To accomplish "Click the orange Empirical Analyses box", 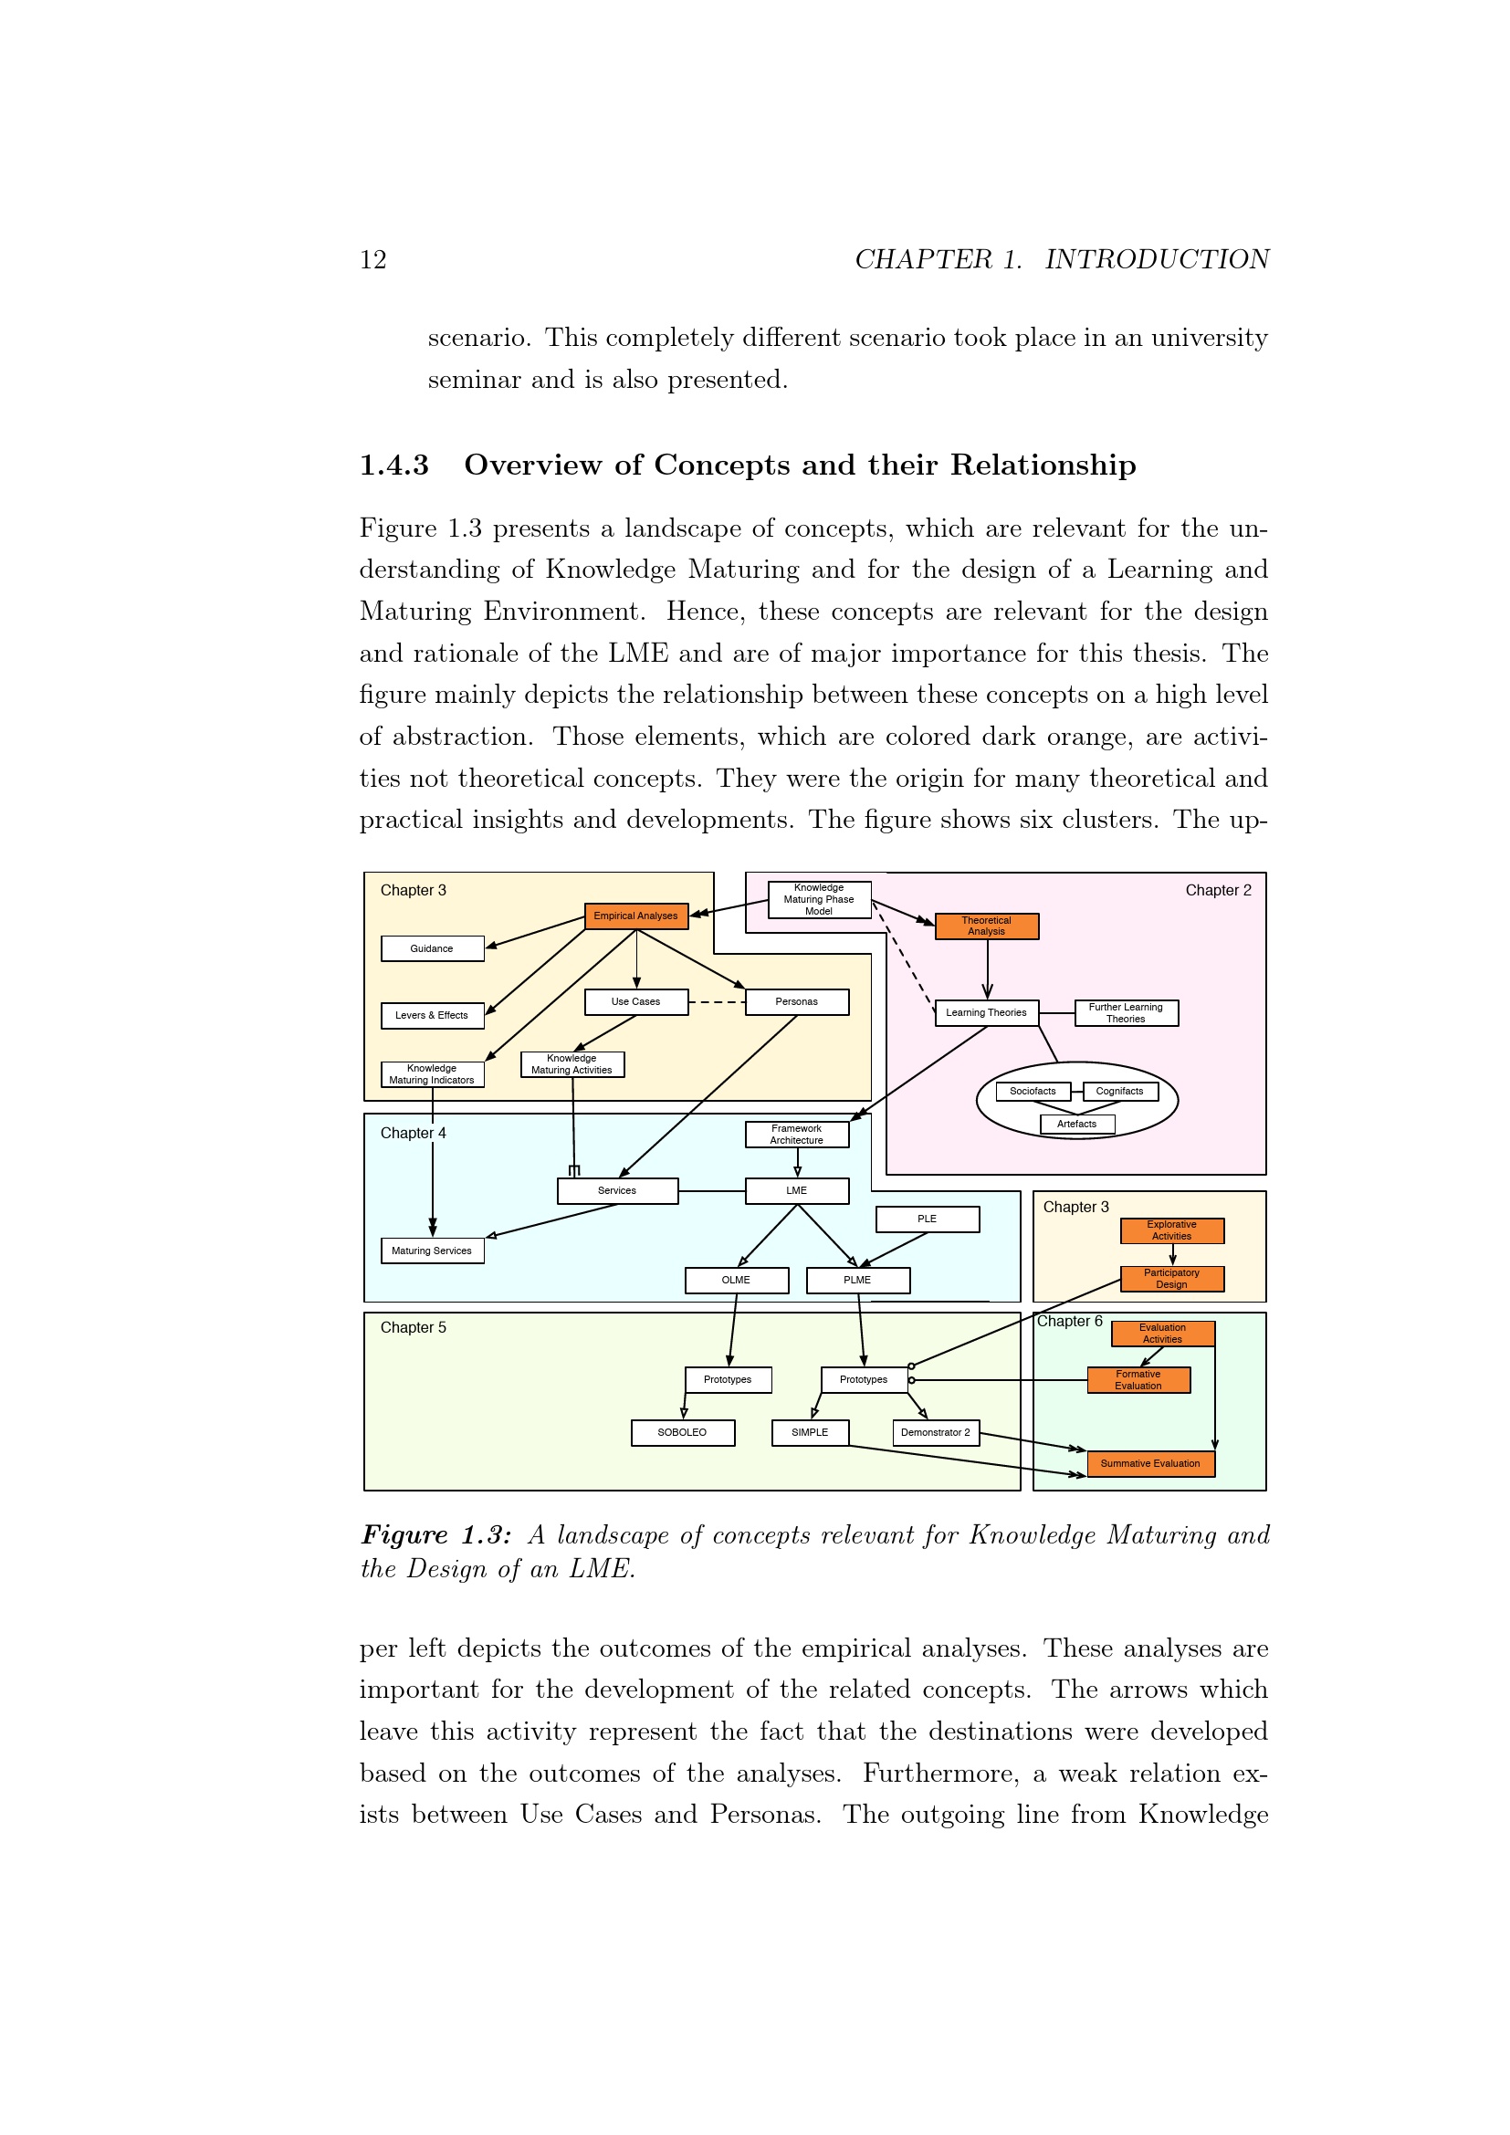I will [636, 916].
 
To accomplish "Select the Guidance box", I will [433, 948].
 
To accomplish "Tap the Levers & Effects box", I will [433, 1015].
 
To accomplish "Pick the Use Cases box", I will [636, 1001].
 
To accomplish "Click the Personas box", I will [797, 1001].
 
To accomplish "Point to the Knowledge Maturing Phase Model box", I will [819, 899].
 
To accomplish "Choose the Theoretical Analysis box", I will [987, 926].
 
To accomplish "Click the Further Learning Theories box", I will [1126, 1012].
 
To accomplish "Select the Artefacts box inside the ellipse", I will [1076, 1125].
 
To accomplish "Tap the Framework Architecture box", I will [797, 1135].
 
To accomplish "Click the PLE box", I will [927, 1219].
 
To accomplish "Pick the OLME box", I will [737, 1281].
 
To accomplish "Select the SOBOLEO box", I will [683, 1433].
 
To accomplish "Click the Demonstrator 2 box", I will [936, 1433].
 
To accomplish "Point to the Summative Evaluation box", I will [1150, 1463].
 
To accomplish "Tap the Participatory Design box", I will [1171, 1279].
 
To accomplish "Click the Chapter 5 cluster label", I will [413, 1328].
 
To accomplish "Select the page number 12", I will [372, 259].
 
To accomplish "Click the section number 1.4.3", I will [394, 465].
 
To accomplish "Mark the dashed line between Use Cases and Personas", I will [717, 1002].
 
